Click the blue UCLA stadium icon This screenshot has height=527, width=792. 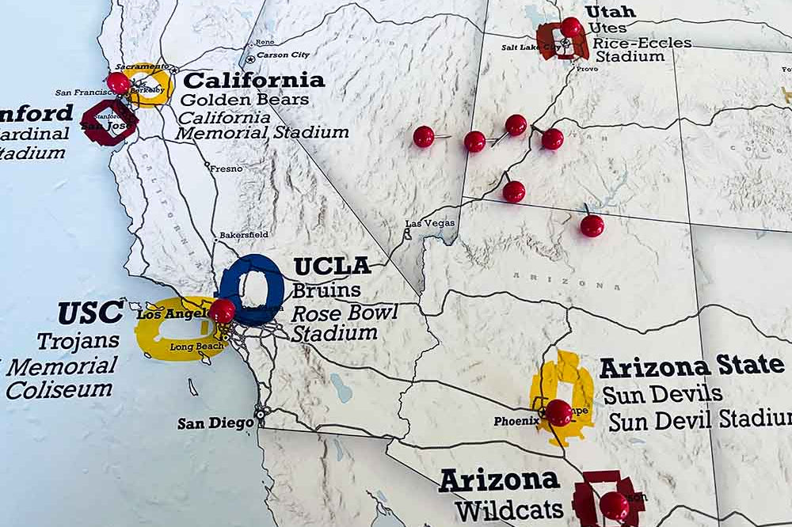click(x=252, y=289)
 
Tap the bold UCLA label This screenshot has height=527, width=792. click(x=332, y=266)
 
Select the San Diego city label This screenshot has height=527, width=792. click(x=215, y=423)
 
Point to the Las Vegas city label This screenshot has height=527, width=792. click(x=430, y=224)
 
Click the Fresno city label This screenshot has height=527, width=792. click(x=226, y=169)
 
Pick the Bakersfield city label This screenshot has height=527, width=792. click(x=243, y=235)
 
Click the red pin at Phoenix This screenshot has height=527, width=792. click(x=558, y=411)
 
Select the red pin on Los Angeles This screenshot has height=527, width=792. click(x=222, y=310)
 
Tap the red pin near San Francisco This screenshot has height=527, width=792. click(x=118, y=82)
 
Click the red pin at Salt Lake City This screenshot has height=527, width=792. click(x=570, y=27)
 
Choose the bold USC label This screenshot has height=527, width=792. click(x=90, y=313)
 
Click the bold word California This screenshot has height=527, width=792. click(x=253, y=81)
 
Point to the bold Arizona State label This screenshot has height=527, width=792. click(x=691, y=366)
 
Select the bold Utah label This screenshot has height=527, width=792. click(x=610, y=11)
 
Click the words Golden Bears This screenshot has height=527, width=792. click(x=244, y=100)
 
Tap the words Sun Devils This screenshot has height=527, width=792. click(x=662, y=393)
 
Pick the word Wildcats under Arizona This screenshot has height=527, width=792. click(x=508, y=508)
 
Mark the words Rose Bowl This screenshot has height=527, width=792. click(x=345, y=313)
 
